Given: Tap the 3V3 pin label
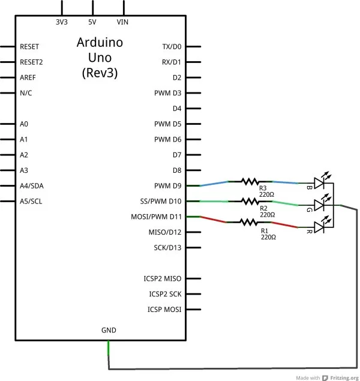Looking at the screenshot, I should tap(61, 22).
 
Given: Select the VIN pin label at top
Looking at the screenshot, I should tap(124, 22).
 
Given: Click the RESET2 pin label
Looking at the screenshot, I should tap(31, 62).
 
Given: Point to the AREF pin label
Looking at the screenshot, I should tap(28, 77).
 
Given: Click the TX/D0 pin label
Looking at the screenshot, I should tap(172, 46).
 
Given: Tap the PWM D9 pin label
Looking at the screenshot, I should tap(167, 186).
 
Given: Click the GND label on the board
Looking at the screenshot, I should tap(109, 330).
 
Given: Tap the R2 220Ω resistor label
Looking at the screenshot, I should tap(267, 211).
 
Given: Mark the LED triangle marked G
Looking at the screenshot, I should tap(319, 205).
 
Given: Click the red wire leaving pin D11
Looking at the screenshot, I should tap(214, 220).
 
